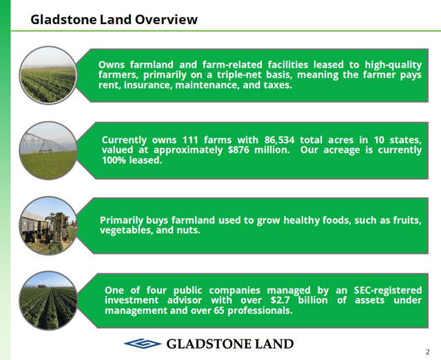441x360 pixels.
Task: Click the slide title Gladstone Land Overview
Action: point(114,19)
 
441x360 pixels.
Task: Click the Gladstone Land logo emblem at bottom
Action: point(142,343)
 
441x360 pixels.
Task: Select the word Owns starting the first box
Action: point(112,65)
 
